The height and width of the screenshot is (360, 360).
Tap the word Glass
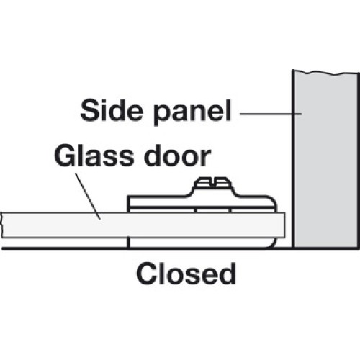click(93, 156)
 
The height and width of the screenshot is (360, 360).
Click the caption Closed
click(186, 274)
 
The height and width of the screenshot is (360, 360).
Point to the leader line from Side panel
click(271, 114)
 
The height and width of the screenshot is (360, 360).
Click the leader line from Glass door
click(88, 196)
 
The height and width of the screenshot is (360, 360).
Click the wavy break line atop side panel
click(325, 72)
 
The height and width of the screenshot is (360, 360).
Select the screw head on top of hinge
click(212, 182)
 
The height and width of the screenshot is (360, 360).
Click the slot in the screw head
click(213, 182)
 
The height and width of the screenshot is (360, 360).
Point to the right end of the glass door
click(284, 225)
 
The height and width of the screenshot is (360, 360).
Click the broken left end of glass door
click(1, 225)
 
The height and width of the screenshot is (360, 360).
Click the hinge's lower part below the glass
click(201, 243)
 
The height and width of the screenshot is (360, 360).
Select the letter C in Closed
click(146, 274)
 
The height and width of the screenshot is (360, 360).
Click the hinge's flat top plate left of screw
click(159, 201)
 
